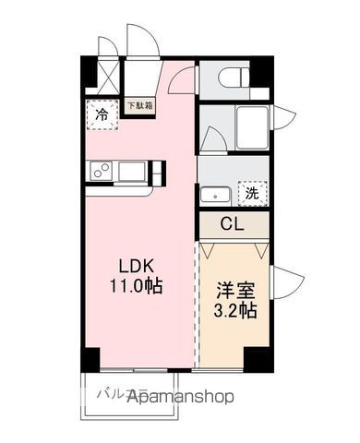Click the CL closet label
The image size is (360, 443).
coord(233,223)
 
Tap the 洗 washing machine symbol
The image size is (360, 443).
coord(251,194)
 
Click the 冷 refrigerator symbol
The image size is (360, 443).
coord(103,116)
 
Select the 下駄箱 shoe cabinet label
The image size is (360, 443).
coord(141,106)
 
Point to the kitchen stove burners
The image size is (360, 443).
coord(101,171)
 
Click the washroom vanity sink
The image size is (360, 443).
coord(213,195)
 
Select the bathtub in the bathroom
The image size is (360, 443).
coord(250,126)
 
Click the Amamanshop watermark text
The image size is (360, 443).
coord(180,397)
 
